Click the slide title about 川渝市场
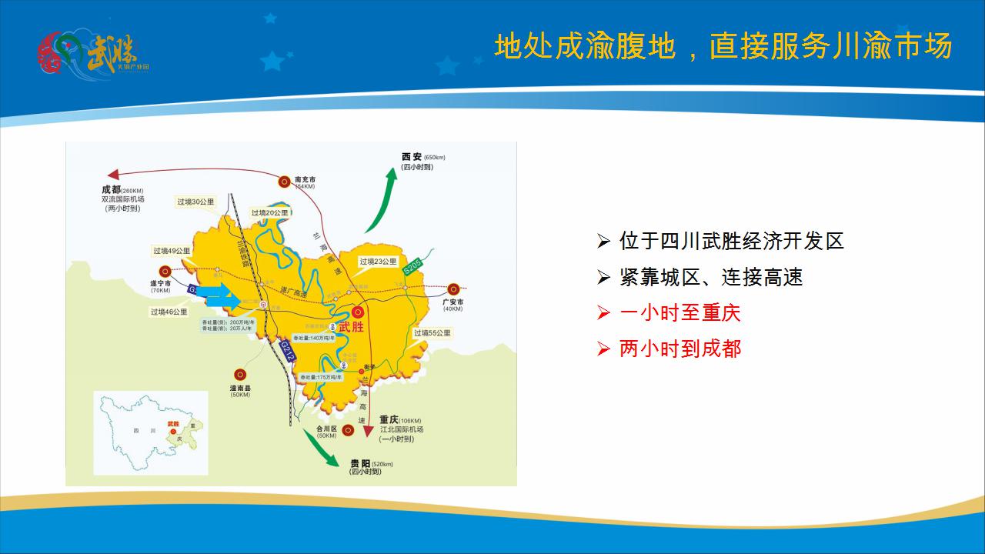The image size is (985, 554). point(723,46)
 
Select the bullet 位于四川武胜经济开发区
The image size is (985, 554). point(731,241)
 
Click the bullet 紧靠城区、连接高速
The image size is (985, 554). point(710,277)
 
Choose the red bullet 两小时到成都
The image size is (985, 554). point(679,349)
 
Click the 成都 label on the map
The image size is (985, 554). point(111,189)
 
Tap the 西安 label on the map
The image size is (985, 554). point(412,157)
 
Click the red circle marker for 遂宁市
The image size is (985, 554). point(165,271)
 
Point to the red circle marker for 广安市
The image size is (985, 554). point(454,289)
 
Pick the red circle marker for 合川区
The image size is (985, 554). point(349,430)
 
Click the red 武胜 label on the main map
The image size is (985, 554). point(350,328)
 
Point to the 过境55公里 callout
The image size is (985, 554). point(432,333)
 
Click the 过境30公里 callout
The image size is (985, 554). point(195,202)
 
